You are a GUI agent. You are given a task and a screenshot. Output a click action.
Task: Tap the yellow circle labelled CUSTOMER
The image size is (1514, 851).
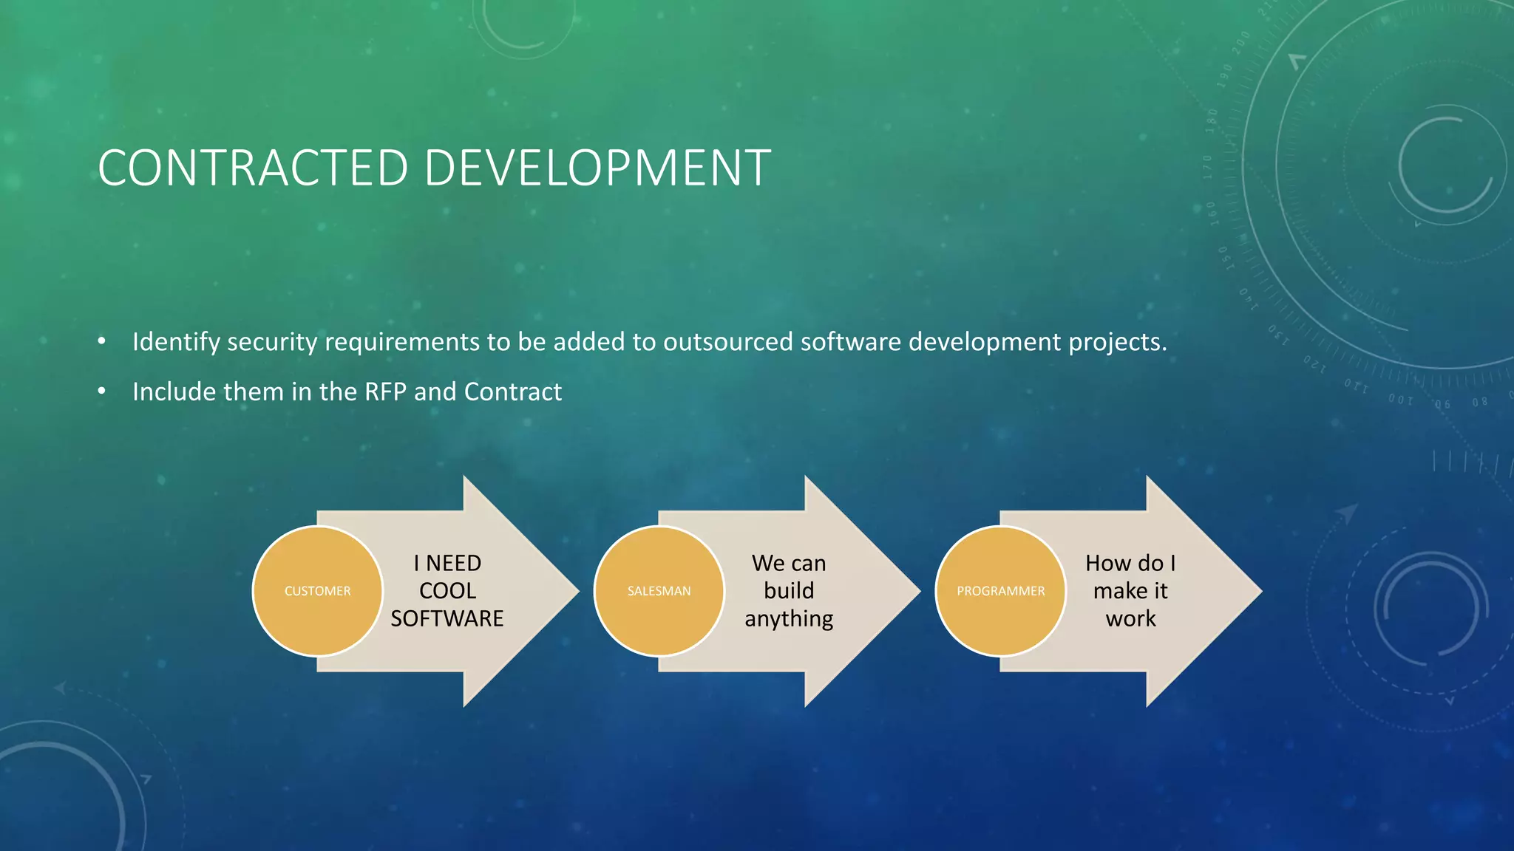[318, 591]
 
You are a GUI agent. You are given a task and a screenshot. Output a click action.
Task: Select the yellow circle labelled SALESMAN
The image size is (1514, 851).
[659, 591]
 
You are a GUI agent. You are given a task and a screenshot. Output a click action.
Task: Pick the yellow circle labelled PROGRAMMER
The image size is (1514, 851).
[1001, 591]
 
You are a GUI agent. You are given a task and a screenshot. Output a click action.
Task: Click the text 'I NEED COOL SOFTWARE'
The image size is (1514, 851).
[447, 591]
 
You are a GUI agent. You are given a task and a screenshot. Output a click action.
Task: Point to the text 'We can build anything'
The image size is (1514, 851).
[789, 591]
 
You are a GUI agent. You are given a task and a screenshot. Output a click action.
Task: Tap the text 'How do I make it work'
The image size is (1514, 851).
[1130, 591]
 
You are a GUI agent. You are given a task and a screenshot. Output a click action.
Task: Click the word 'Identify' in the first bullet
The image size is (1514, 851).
[176, 342]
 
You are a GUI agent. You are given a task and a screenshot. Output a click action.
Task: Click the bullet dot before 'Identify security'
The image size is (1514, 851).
[102, 341]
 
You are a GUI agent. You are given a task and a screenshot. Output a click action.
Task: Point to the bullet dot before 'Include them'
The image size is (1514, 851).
[102, 391]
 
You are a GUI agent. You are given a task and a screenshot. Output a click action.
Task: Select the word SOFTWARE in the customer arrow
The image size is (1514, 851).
[447, 618]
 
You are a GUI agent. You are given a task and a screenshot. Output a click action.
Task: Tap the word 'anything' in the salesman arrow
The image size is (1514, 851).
[789, 619]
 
